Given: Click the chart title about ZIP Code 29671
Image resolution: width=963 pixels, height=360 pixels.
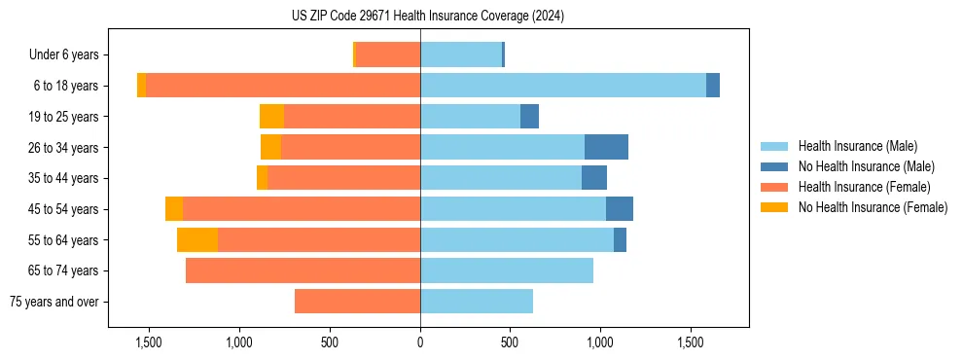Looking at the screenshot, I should (x=427, y=16).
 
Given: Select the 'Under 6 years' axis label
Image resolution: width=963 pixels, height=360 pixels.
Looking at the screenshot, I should (x=70, y=54).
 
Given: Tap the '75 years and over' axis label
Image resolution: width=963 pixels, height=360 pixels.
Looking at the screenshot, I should (x=60, y=302).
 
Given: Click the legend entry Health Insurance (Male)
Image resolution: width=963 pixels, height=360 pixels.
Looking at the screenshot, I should (x=857, y=146).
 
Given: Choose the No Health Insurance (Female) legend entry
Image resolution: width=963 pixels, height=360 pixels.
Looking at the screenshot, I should (x=873, y=207).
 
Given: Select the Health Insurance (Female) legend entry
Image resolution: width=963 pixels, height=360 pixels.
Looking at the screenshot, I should (x=864, y=187).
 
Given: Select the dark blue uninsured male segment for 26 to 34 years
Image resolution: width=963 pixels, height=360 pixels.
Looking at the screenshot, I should (x=606, y=147).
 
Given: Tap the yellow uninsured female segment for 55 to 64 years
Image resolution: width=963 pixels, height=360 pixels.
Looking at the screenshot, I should (x=197, y=239).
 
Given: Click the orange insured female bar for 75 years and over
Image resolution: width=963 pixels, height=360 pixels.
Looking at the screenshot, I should (x=357, y=302).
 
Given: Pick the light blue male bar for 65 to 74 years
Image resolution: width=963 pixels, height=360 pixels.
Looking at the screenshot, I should (x=506, y=270).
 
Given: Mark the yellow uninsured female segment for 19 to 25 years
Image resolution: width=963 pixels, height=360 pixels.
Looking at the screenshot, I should (x=271, y=117).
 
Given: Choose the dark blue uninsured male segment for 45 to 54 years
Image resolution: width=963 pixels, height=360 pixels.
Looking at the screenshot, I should (x=620, y=209).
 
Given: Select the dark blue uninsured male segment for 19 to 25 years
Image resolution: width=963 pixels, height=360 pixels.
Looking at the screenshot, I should (x=529, y=117).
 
